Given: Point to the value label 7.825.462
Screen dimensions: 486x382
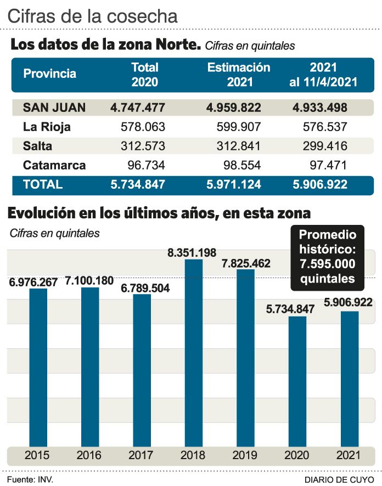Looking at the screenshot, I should click(x=246, y=264).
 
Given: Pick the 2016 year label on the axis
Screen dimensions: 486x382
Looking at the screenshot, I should click(x=89, y=455).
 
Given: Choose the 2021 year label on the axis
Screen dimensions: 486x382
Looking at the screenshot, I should click(x=349, y=455).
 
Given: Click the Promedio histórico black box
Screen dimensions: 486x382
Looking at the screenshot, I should click(x=327, y=257).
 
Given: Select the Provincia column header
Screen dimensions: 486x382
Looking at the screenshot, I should click(x=49, y=74).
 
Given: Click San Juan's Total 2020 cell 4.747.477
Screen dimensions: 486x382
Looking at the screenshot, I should click(x=137, y=108).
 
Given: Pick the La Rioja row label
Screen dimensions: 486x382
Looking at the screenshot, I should click(x=47, y=127).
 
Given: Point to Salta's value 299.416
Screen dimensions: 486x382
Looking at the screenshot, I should click(x=325, y=146).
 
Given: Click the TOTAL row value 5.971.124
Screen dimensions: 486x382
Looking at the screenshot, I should click(x=234, y=185).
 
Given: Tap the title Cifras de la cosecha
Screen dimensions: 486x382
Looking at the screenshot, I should click(x=93, y=16).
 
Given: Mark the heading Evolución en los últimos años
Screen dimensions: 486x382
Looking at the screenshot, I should click(x=159, y=213).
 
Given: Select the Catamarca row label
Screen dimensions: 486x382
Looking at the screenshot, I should click(x=54, y=165).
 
